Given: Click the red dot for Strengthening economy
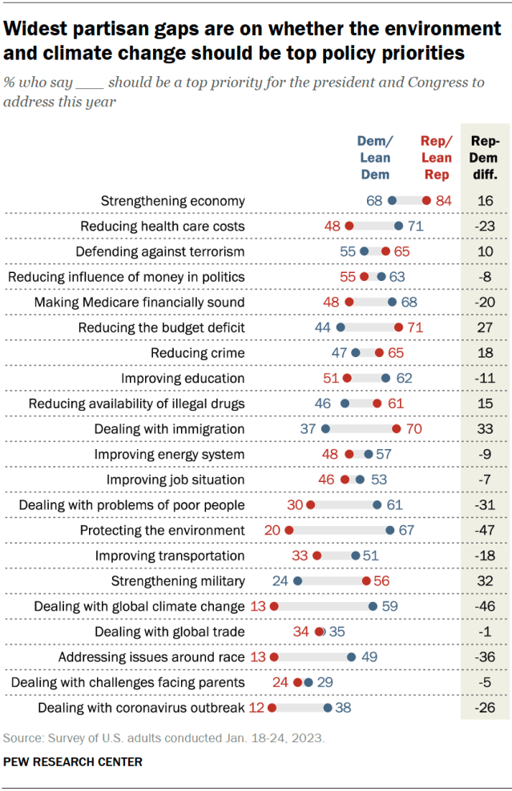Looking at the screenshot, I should (426, 201).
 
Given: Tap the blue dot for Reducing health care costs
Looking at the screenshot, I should (398, 227).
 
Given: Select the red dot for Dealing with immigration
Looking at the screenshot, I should (397, 429).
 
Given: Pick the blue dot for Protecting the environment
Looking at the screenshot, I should (389, 530).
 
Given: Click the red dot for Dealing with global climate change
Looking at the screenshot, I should (273, 606).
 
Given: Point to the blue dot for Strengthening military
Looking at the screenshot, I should (297, 581).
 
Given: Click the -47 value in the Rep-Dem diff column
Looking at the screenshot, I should (485, 530).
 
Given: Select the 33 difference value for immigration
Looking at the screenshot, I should (485, 429).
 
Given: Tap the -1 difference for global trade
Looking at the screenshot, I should (485, 632).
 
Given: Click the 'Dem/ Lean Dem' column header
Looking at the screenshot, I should (375, 158).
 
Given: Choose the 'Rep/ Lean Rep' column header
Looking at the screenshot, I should (436, 158).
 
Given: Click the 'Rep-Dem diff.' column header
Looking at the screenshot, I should (485, 158).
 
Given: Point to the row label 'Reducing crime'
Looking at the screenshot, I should (198, 353).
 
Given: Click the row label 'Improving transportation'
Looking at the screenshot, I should (170, 556).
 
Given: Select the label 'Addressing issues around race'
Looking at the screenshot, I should (151, 657).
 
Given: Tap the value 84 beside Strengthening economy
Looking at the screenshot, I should (444, 201).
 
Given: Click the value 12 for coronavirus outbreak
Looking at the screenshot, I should (256, 708).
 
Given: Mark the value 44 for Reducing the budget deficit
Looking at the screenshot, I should (323, 327).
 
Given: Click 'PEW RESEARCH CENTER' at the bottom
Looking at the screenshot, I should (73, 762).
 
